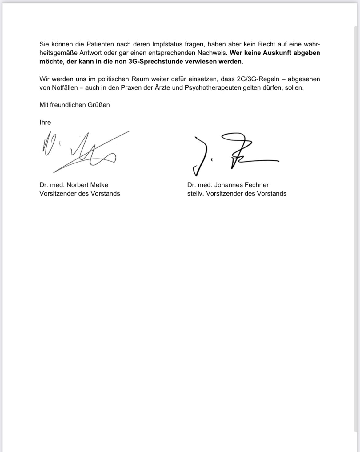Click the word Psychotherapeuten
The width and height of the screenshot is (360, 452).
click(x=211, y=88)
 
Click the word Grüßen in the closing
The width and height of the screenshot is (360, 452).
click(x=100, y=105)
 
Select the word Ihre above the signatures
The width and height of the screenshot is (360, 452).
click(x=45, y=122)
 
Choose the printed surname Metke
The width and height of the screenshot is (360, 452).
click(x=98, y=185)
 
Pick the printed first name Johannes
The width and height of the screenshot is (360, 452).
click(x=228, y=185)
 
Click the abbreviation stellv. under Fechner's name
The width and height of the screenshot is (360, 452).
click(x=195, y=194)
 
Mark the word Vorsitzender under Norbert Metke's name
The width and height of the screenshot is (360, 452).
click(x=58, y=194)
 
